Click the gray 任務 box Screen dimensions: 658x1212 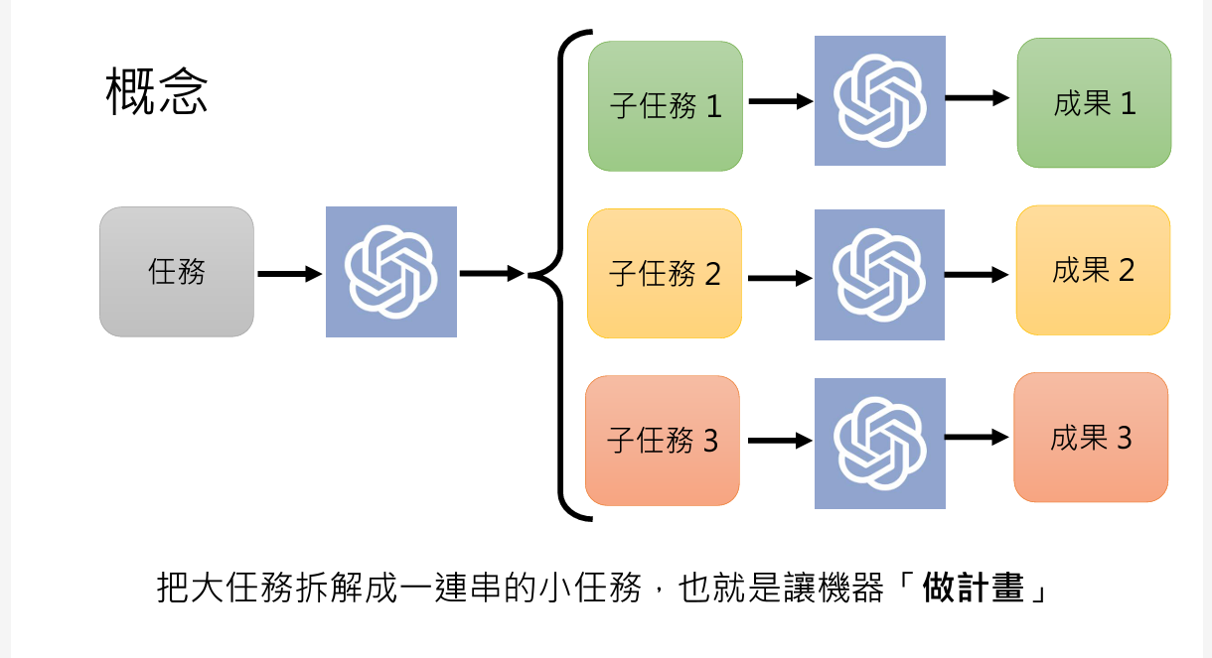[177, 272]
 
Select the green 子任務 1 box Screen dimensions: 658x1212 [666, 106]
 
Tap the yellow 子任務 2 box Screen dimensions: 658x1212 [665, 274]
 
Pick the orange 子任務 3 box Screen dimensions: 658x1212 [663, 441]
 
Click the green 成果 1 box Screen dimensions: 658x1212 [1094, 103]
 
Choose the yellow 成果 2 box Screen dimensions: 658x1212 [1093, 270]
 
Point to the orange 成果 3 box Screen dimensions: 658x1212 [1091, 438]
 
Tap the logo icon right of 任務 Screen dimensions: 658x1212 [391, 272]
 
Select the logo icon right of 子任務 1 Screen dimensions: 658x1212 [880, 100]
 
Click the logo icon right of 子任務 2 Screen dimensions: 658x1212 [880, 275]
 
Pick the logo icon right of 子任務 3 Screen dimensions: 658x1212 [880, 444]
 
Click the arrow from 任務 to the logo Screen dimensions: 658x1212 [289, 274]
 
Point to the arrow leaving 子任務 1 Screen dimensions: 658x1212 [780, 101]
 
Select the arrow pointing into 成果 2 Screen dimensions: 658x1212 [976, 275]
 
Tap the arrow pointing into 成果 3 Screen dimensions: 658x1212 [976, 437]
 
